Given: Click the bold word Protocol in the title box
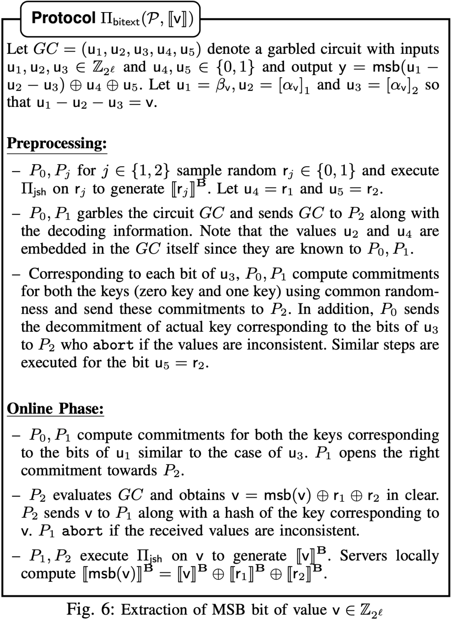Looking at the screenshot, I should [63, 18].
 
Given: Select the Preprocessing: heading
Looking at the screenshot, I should [57, 143].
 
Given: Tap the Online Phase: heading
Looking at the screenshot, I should [55, 408].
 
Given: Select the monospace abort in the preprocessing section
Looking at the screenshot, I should [114, 346].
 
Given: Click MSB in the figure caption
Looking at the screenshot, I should [228, 609].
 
